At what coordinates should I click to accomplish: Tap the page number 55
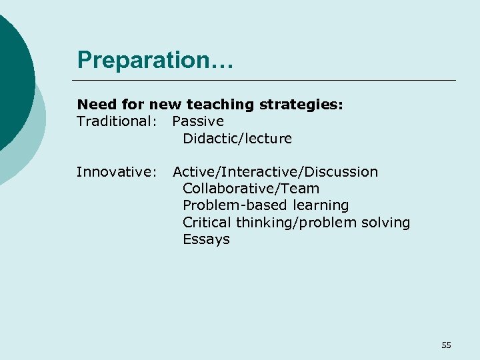[446, 345]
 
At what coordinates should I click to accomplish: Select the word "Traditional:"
[117, 121]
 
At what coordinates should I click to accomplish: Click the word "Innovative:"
[116, 172]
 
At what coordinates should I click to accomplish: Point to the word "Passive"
[198, 121]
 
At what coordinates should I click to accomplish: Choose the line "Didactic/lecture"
[237, 139]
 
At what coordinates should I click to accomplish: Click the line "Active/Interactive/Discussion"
[275, 172]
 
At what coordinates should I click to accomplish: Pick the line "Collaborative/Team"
[251, 189]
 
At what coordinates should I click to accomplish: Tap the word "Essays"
[206, 239]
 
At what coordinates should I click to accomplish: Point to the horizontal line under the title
[267, 81]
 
